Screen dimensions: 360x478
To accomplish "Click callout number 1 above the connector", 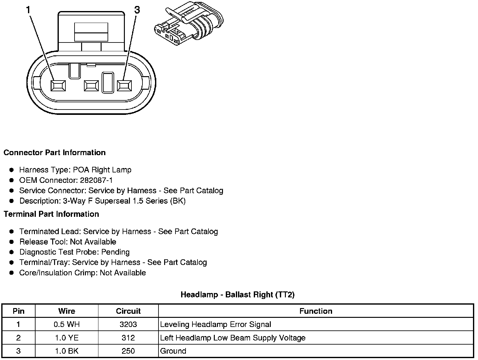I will tap(29, 10).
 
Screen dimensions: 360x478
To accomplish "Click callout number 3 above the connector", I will tap(137, 10).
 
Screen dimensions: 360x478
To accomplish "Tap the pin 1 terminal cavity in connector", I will tap(58, 86).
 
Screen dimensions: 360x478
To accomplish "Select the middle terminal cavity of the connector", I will tap(91, 86).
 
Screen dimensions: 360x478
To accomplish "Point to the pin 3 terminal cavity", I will tap(125, 86).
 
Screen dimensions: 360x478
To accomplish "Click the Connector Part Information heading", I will tap(54, 153).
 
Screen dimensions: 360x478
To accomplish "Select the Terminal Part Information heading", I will tap(51, 214).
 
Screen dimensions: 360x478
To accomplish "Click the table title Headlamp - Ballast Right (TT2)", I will tap(237, 295).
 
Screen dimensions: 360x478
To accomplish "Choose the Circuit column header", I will tap(128, 311).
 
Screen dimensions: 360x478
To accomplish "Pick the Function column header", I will tap(316, 311).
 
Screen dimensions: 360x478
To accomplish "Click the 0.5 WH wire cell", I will tap(66, 324).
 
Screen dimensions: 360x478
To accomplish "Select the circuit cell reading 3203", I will tap(128, 324).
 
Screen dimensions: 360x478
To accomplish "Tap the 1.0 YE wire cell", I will tap(66, 338).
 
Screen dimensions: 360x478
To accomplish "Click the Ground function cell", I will tap(173, 351).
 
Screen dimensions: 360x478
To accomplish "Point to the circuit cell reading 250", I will tap(128, 351).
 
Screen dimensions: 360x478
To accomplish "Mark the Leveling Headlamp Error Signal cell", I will tap(215, 324).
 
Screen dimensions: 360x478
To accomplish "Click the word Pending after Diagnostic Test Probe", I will tap(115, 252).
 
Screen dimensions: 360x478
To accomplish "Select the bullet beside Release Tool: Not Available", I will tap(12, 242).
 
